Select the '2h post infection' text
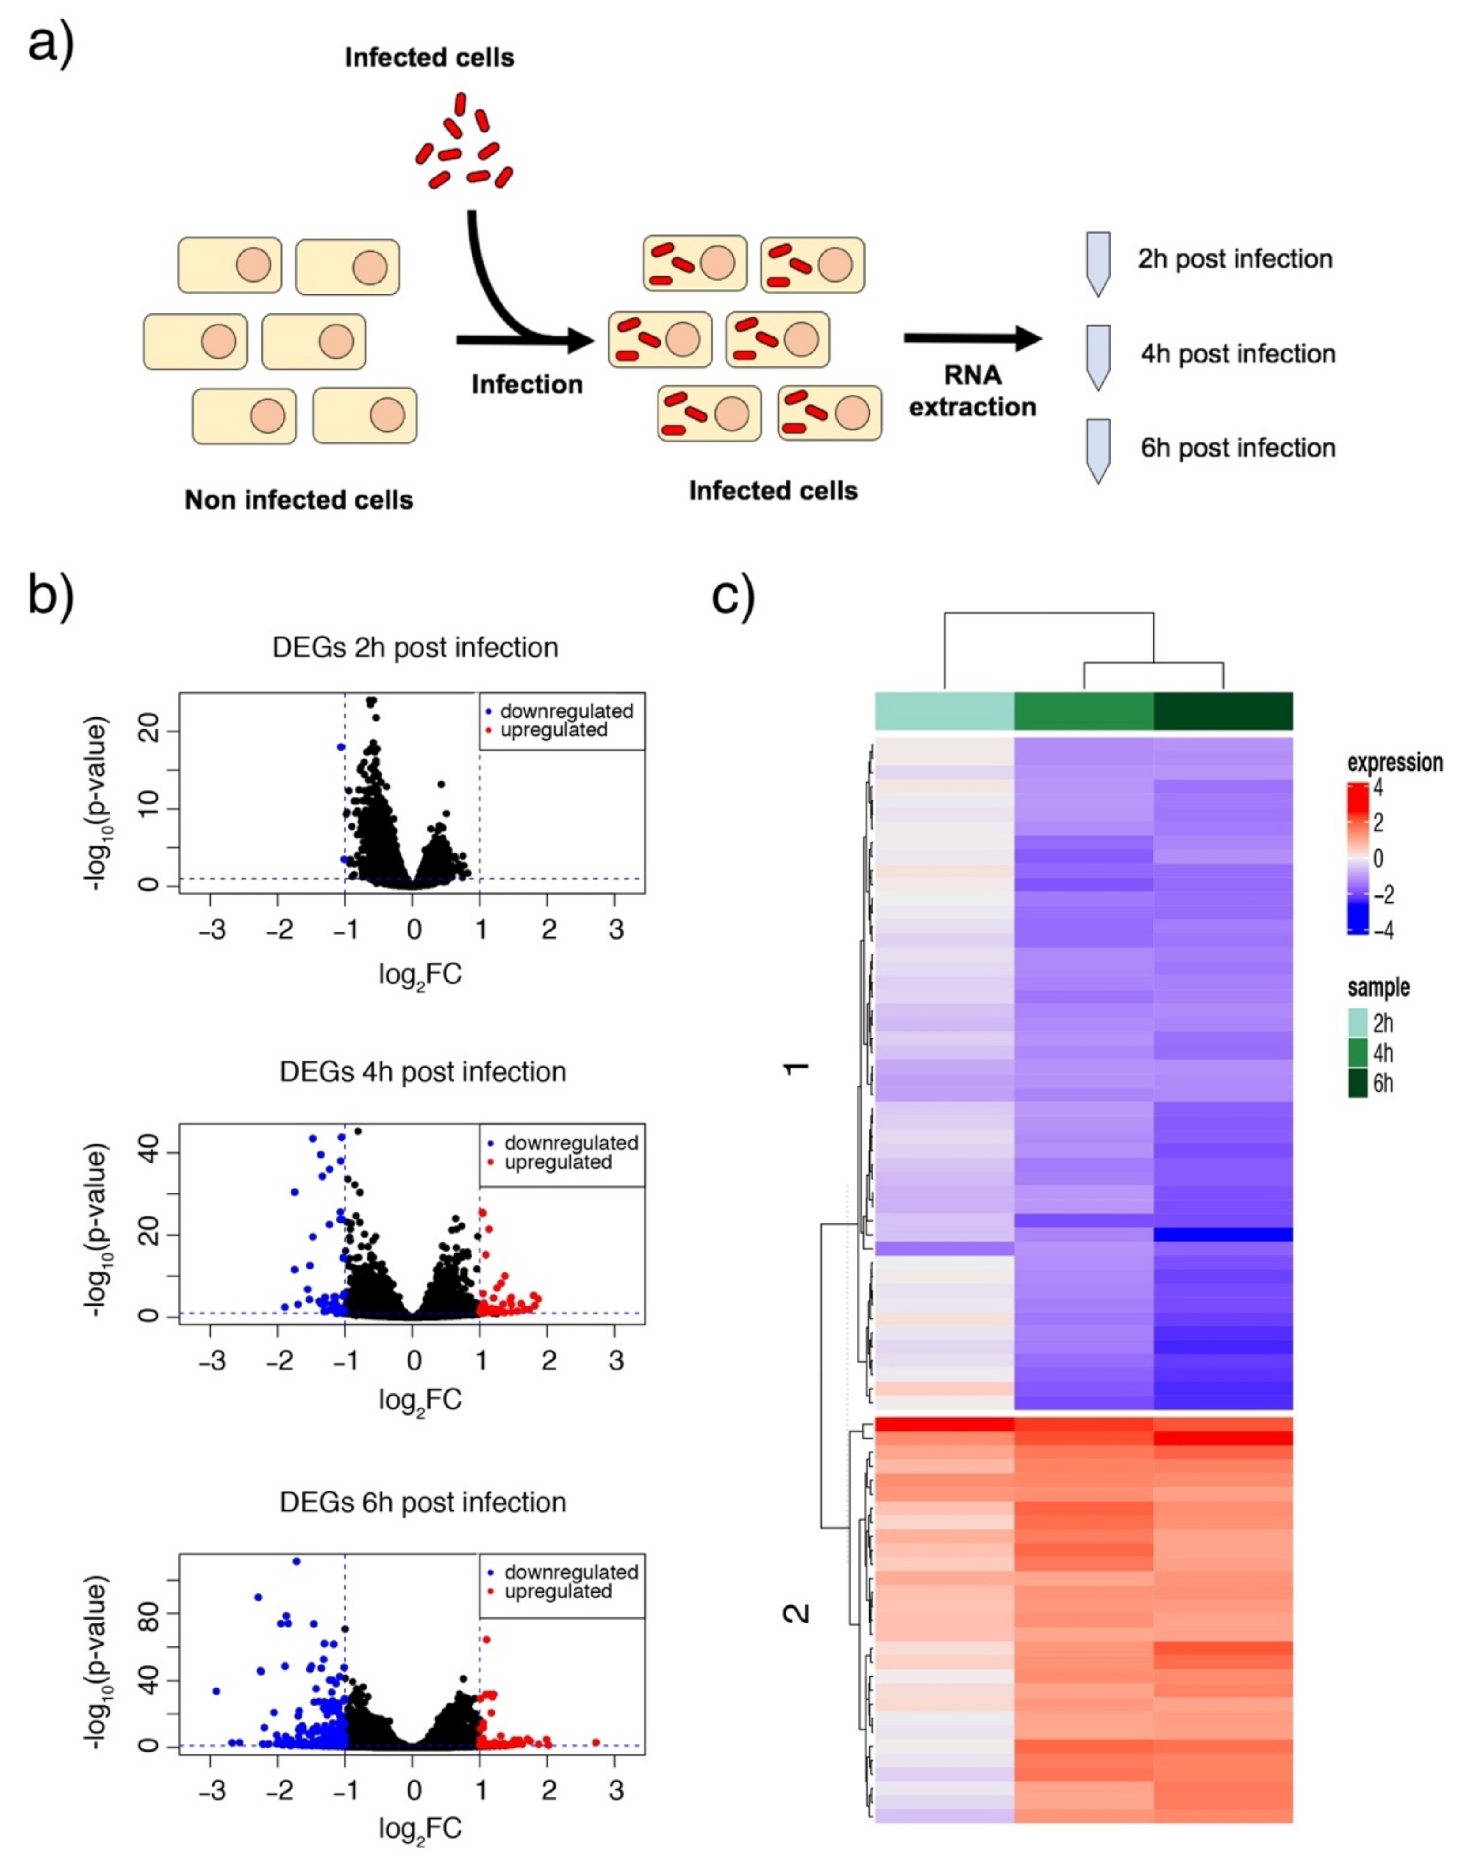pos(1234,259)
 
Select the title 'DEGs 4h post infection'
pos(423,1072)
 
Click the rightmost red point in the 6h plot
pos(595,1741)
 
